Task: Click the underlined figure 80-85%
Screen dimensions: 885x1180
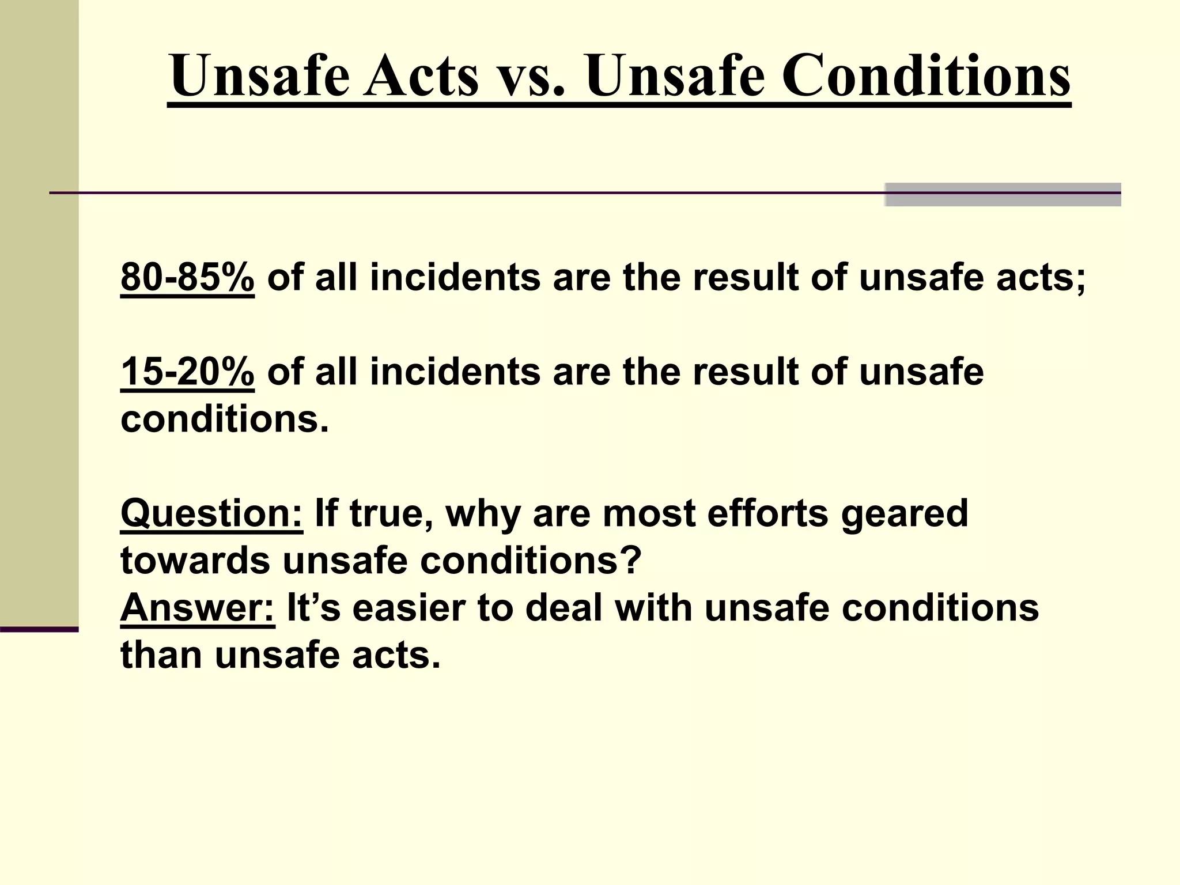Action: tap(187, 277)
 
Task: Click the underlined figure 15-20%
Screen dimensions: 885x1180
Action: tap(187, 372)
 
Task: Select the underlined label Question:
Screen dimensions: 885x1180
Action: tap(211, 513)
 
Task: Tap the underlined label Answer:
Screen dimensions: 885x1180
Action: tap(198, 608)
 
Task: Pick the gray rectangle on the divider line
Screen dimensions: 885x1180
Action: tap(1003, 194)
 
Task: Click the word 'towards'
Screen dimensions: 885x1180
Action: tap(195, 561)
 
